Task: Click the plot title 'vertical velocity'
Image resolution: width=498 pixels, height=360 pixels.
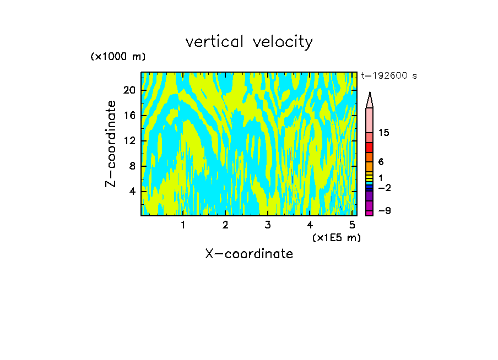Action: click(249, 42)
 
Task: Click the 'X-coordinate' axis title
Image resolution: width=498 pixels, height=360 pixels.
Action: click(249, 254)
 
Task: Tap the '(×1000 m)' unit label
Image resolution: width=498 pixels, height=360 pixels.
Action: click(118, 57)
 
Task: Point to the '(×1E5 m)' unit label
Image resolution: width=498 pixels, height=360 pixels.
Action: click(337, 238)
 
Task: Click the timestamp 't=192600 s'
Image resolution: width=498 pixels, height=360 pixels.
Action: click(389, 76)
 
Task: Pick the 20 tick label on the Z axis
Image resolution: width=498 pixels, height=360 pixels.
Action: click(129, 90)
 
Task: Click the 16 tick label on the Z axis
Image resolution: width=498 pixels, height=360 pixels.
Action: click(129, 116)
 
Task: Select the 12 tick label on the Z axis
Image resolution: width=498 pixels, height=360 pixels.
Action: click(129, 141)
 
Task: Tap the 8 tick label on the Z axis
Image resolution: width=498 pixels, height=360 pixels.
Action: click(132, 166)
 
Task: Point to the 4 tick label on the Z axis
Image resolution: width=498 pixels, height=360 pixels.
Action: click(132, 192)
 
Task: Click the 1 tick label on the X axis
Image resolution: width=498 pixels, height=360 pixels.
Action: click(183, 226)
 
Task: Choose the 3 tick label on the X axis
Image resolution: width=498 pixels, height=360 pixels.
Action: click(268, 226)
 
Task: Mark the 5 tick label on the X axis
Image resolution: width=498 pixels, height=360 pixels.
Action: click(352, 226)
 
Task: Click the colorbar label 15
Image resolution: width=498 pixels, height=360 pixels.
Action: click(385, 133)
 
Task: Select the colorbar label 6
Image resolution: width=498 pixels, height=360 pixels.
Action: click(381, 162)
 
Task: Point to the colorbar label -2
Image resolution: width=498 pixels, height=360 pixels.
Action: click(385, 188)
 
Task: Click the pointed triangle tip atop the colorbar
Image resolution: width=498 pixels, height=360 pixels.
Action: click(370, 95)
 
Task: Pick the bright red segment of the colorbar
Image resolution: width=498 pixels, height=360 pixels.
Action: click(370, 148)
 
